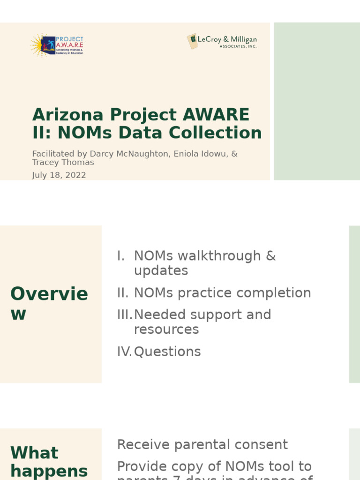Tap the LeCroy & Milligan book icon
pyautogui.click(x=192, y=41)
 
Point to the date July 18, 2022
pyautogui.click(x=59, y=175)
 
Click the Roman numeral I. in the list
pyautogui.click(x=121, y=256)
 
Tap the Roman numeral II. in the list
pyautogui.click(x=123, y=293)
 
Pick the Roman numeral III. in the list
pyautogui.click(x=125, y=315)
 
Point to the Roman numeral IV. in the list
pyautogui.click(x=125, y=352)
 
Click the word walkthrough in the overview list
pyautogui.click(x=219, y=256)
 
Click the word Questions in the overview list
pyautogui.click(x=167, y=352)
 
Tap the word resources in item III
pyautogui.click(x=166, y=330)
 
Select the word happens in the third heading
pyautogui.click(x=49, y=471)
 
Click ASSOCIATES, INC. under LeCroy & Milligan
pyautogui.click(x=238, y=47)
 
